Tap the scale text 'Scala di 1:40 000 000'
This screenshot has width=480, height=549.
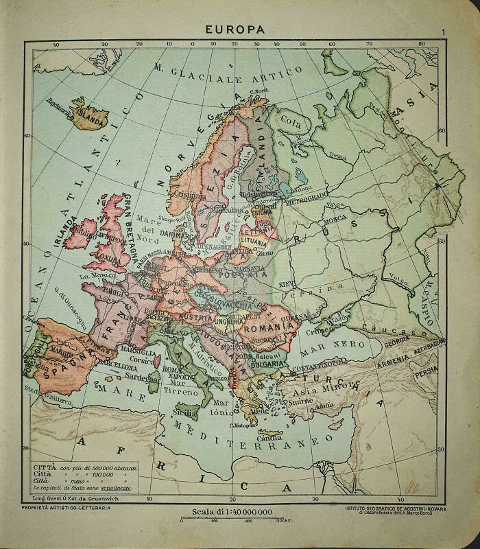tap(233, 511)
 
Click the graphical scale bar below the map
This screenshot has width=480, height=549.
tap(232, 519)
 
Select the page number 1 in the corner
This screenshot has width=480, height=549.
tap(444, 32)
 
